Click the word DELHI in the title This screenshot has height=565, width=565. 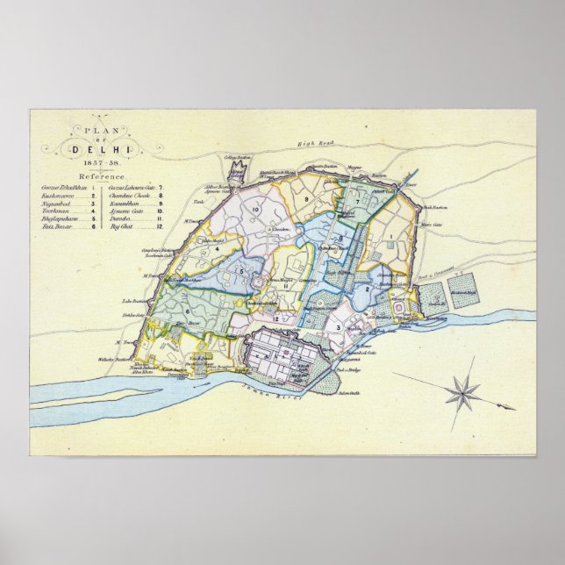(104, 150)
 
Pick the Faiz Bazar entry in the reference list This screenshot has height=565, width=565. (54, 225)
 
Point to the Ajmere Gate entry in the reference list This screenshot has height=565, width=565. (126, 211)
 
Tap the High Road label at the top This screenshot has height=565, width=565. (311, 143)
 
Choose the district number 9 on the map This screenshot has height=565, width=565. (306, 201)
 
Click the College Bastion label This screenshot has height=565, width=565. (237, 158)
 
